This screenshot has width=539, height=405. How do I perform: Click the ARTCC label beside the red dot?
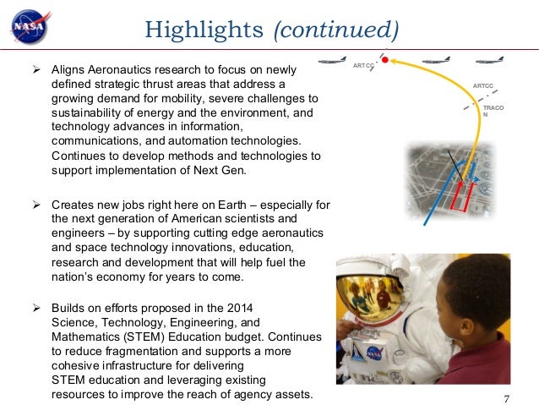click(363, 66)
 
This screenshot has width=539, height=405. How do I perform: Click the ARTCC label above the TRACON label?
click(482, 85)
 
